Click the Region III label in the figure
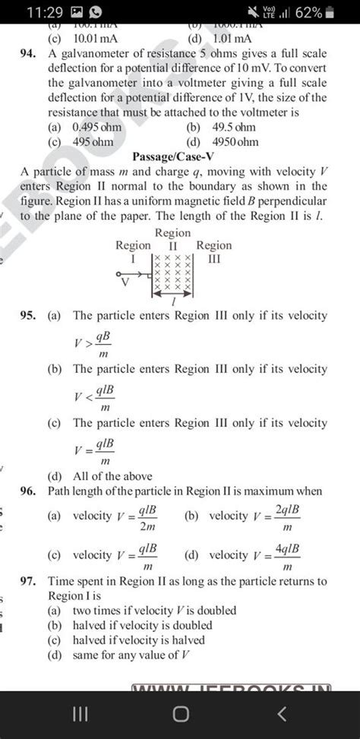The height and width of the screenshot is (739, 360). [214, 252]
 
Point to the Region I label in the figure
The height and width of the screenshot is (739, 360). [133, 252]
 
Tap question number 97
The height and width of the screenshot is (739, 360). [31, 582]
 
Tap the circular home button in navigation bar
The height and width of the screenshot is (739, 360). [180, 715]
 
